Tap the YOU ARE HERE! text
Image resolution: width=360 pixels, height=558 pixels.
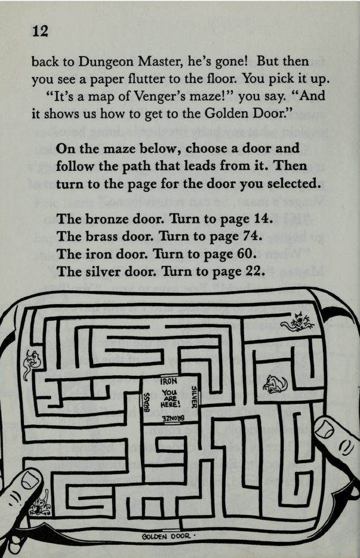point(170,396)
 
